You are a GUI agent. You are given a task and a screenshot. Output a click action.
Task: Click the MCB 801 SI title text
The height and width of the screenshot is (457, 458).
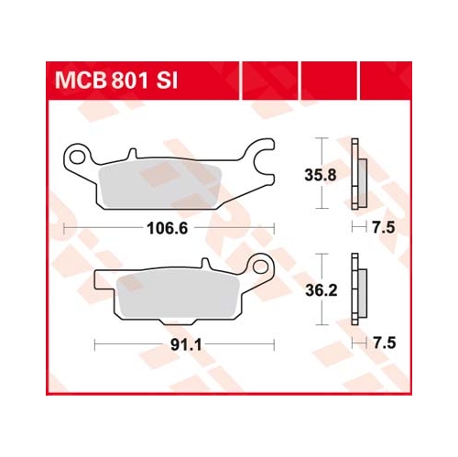point(116,81)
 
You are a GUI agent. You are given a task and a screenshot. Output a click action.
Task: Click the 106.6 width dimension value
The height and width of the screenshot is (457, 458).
point(168,228)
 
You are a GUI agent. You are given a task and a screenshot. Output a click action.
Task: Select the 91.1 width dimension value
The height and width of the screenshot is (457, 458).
point(186,345)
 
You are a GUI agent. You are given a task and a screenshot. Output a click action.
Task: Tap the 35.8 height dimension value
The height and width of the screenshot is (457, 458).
point(321,175)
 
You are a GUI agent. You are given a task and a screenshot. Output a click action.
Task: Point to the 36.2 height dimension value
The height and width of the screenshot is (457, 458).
point(322,290)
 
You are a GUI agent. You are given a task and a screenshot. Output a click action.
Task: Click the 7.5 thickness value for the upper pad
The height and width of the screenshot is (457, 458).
point(384,228)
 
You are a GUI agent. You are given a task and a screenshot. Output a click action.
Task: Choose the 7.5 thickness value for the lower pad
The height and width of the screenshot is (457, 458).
point(385,343)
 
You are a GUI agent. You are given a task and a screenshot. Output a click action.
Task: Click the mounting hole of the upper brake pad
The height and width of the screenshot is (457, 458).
point(77,157)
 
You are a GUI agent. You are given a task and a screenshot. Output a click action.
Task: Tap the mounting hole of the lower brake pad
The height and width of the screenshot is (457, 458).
point(260,267)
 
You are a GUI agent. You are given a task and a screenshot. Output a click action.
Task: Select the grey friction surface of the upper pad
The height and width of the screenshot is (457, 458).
point(161,184)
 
